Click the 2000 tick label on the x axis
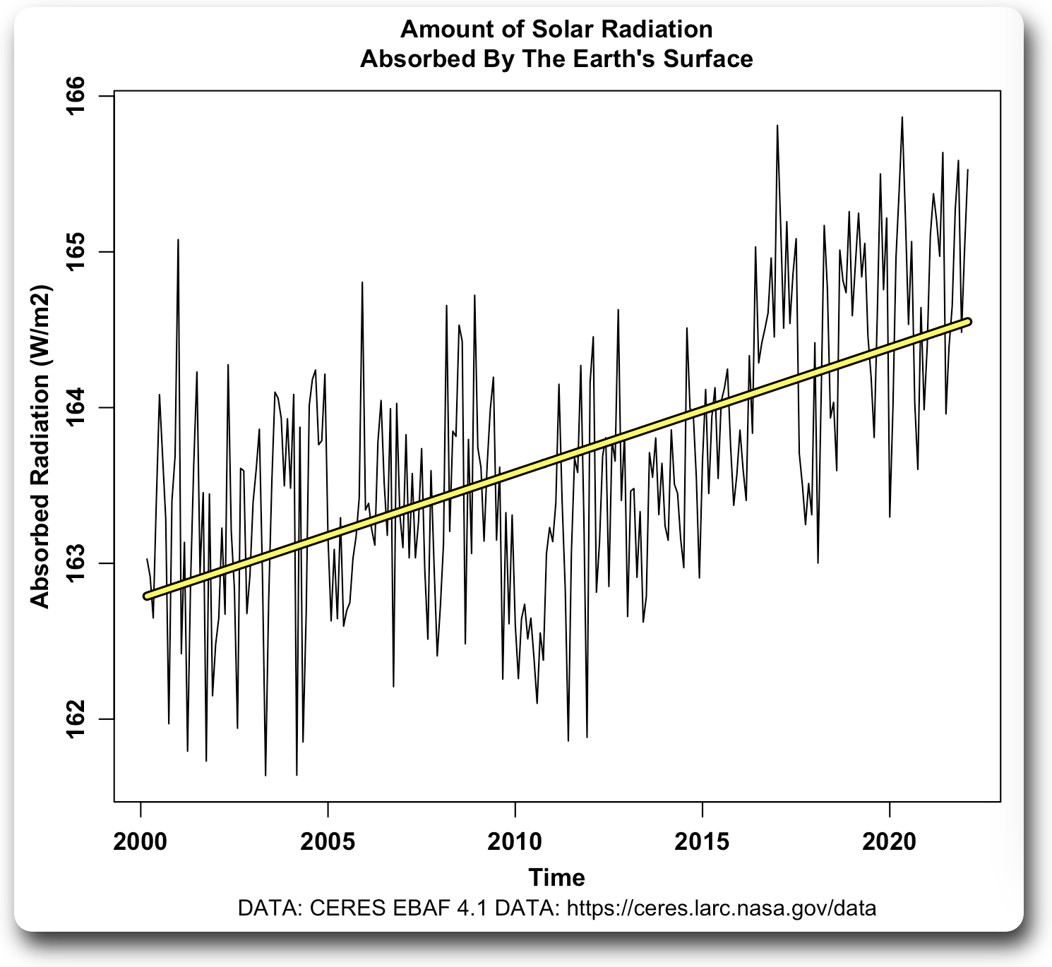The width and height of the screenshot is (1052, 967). [141, 841]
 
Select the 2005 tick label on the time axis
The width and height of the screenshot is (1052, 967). [328, 841]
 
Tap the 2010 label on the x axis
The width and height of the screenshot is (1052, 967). [515, 841]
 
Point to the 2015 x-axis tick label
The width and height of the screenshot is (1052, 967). [702, 841]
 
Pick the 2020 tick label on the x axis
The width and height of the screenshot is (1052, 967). [889, 841]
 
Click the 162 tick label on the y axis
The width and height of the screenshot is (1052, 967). [76, 719]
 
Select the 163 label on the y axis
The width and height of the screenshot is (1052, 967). [76, 563]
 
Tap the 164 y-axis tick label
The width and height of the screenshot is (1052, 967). [76, 407]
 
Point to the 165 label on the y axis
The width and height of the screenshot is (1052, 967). [76, 252]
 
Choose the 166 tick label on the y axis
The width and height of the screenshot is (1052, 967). [76, 96]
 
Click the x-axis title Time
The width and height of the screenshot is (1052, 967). [556, 877]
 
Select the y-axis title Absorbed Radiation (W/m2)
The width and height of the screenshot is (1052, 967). [40, 446]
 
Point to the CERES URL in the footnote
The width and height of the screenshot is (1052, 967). [722, 908]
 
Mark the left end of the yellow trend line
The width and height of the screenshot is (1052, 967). [147, 596]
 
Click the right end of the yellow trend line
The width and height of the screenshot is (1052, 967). [969, 322]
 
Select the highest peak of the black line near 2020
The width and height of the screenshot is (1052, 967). [902, 118]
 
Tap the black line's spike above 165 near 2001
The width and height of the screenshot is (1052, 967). [178, 240]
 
